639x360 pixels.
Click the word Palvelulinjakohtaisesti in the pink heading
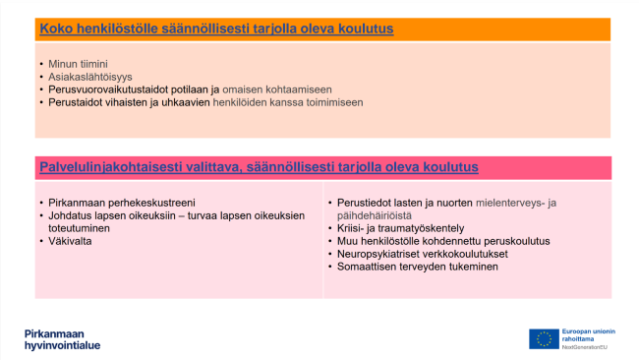(x=108, y=167)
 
